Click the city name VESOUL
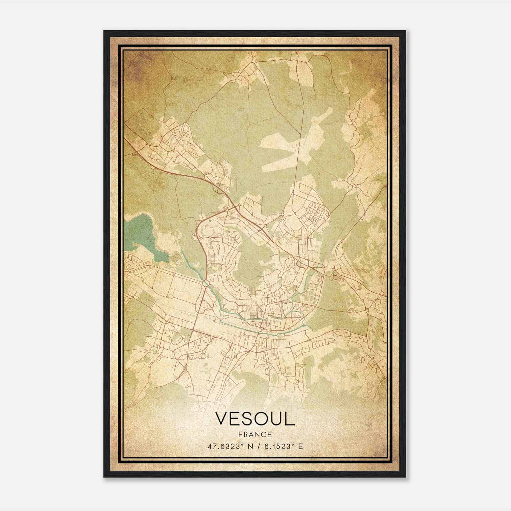tap(255, 419)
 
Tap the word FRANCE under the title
tap(255, 435)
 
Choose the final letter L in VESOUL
tap(290, 419)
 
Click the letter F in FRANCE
tap(240, 435)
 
